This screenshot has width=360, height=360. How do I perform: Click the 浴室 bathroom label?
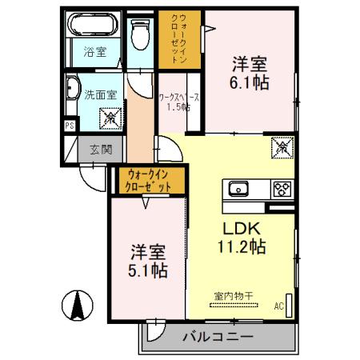(96, 54)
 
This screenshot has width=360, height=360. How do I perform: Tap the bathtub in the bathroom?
(94, 26)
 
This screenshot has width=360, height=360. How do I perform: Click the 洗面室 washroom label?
(101, 94)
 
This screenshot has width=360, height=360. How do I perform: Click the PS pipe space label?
(70, 125)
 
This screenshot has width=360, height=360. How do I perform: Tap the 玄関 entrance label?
(101, 149)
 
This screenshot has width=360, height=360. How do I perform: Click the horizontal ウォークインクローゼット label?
(149, 180)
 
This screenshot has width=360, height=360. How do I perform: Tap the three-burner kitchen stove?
(282, 190)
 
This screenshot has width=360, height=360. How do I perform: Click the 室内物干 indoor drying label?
(234, 296)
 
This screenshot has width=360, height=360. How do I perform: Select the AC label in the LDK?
(278, 306)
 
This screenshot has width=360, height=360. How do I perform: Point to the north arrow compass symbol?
(78, 305)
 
